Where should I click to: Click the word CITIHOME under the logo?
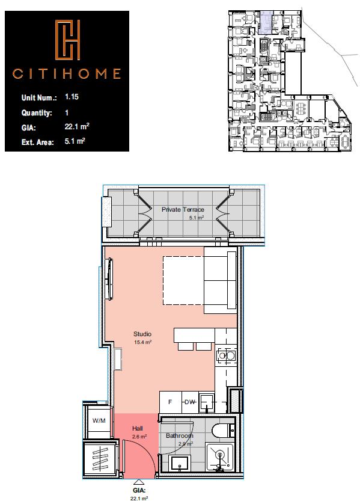[67, 75]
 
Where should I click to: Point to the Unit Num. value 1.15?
[72, 97]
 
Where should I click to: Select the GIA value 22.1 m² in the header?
[77, 126]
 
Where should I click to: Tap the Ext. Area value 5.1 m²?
[75, 141]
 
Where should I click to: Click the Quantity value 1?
[66, 112]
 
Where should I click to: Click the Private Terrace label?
[178, 209]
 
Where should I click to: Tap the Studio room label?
[142, 334]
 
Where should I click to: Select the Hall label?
[138, 428]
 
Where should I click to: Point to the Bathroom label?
[180, 436]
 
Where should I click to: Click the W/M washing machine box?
[99, 420]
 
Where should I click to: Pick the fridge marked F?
[170, 402]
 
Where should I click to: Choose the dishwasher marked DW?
[189, 402]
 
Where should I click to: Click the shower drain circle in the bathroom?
[219, 455]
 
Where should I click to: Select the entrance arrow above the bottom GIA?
[138, 482]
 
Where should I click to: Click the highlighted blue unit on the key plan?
[265, 21]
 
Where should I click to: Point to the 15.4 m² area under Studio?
[142, 342]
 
